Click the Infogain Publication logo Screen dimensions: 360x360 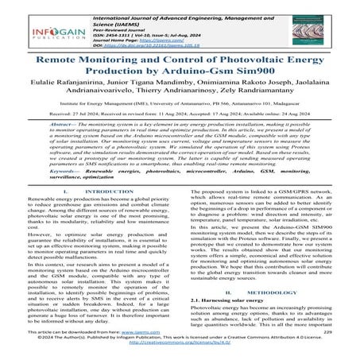33,29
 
